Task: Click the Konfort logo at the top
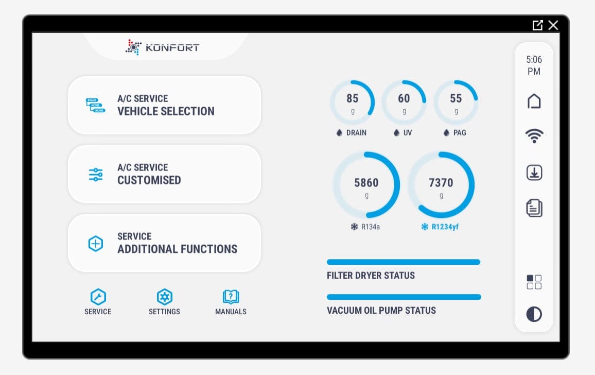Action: point(162,47)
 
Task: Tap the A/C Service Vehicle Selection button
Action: point(164,105)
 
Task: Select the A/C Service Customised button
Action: point(164,174)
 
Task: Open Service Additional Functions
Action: point(164,243)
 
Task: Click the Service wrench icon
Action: point(98,297)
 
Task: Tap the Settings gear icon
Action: point(164,297)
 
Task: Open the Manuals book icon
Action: point(231,297)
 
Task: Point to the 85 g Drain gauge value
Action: point(353,98)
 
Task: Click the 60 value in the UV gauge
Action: point(404,98)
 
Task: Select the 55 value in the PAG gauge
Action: point(456,98)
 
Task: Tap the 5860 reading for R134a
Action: point(366,183)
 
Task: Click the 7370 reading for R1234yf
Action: point(441,183)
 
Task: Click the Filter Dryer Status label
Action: point(371,276)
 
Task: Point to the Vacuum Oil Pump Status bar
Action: point(404,297)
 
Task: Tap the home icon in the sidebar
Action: point(534,101)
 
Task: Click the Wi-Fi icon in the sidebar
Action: point(534,137)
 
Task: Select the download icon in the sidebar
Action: point(534,173)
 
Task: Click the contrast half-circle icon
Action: point(534,314)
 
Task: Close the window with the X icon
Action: point(553,25)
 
